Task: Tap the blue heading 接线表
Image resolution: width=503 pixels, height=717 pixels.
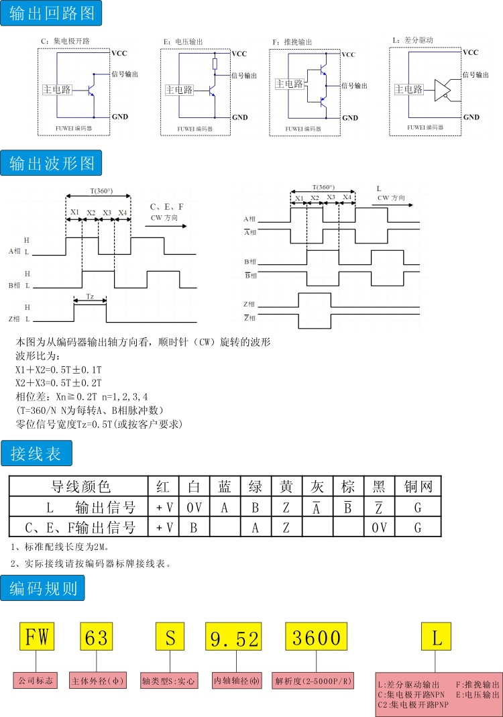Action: click(x=36, y=454)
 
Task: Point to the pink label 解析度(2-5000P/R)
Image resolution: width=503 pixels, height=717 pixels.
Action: click(x=313, y=680)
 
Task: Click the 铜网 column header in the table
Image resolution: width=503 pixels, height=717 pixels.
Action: click(x=418, y=486)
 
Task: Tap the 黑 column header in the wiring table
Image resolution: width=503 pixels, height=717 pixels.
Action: click(x=378, y=486)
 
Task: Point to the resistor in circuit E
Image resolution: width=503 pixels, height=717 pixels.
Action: click(x=214, y=64)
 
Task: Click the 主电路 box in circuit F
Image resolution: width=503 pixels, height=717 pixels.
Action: click(x=289, y=84)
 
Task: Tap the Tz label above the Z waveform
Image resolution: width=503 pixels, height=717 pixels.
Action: click(x=90, y=296)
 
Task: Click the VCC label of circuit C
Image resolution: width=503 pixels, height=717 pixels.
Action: click(x=119, y=53)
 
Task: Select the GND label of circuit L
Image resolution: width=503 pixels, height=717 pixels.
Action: click(x=471, y=117)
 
